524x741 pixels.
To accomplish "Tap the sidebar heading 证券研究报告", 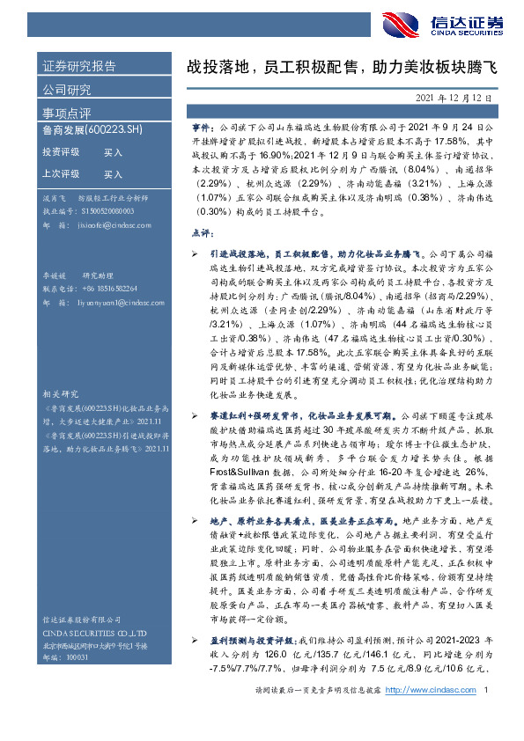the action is coord(79,67).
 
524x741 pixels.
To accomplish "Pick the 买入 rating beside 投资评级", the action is coord(114,152).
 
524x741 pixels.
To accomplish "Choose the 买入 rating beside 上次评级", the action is coord(114,174).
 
